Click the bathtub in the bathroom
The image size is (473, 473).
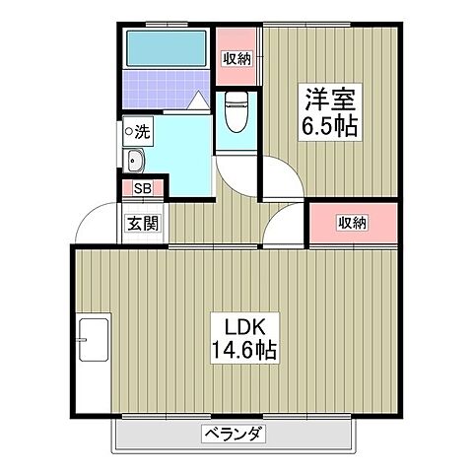pyautogui.click(x=165, y=47)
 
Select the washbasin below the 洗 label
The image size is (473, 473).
pyautogui.click(x=135, y=163)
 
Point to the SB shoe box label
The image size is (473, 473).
pyautogui.click(x=142, y=188)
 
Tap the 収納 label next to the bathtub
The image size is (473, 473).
pyautogui.click(x=235, y=59)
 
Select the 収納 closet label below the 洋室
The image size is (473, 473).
pyautogui.click(x=353, y=223)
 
